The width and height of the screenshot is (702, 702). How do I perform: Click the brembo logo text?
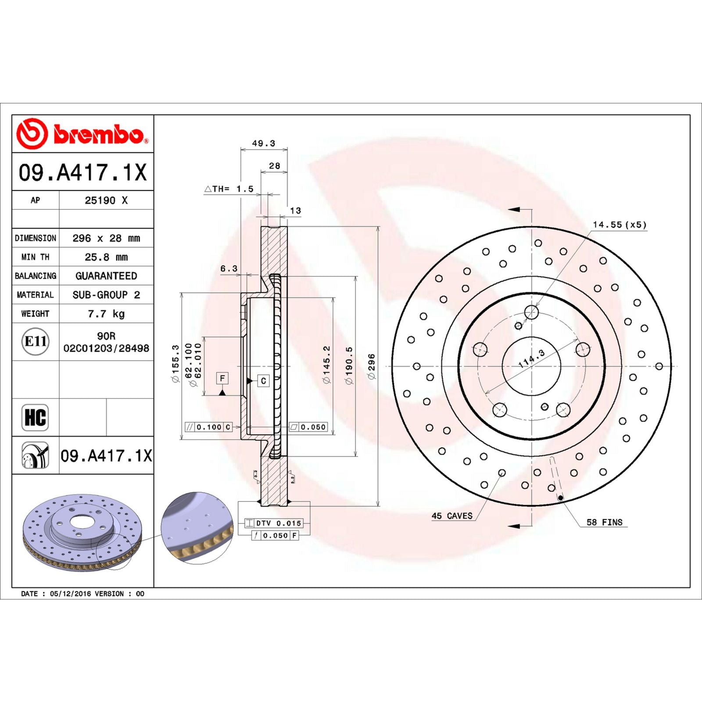click(x=99, y=134)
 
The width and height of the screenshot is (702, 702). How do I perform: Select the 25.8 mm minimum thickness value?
click(x=106, y=257)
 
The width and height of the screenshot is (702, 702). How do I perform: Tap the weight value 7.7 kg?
click(x=106, y=314)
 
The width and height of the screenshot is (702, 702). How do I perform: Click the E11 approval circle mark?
click(x=35, y=341)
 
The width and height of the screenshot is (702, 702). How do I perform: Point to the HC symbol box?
click(x=35, y=417)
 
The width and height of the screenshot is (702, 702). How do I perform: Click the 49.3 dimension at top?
click(x=263, y=143)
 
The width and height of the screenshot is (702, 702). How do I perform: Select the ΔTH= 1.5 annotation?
click(x=229, y=189)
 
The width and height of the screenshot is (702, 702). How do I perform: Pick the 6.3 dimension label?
click(x=229, y=269)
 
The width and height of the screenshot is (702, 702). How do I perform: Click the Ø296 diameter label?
click(x=372, y=366)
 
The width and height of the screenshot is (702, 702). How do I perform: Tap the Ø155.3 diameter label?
click(x=175, y=363)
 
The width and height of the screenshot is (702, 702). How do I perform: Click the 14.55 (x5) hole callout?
click(x=620, y=225)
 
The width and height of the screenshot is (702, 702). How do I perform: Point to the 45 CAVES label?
click(x=452, y=516)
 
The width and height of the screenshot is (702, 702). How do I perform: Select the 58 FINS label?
click(x=604, y=522)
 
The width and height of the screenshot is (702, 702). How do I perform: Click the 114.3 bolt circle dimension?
click(x=531, y=358)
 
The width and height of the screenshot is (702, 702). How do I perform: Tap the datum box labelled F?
click(x=222, y=378)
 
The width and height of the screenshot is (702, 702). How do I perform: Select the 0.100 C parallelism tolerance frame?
click(x=208, y=427)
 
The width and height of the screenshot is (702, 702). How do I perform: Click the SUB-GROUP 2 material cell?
click(x=106, y=295)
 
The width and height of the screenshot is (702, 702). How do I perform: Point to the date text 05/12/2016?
click(x=70, y=594)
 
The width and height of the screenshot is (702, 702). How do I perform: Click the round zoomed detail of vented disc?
click(x=197, y=528)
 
